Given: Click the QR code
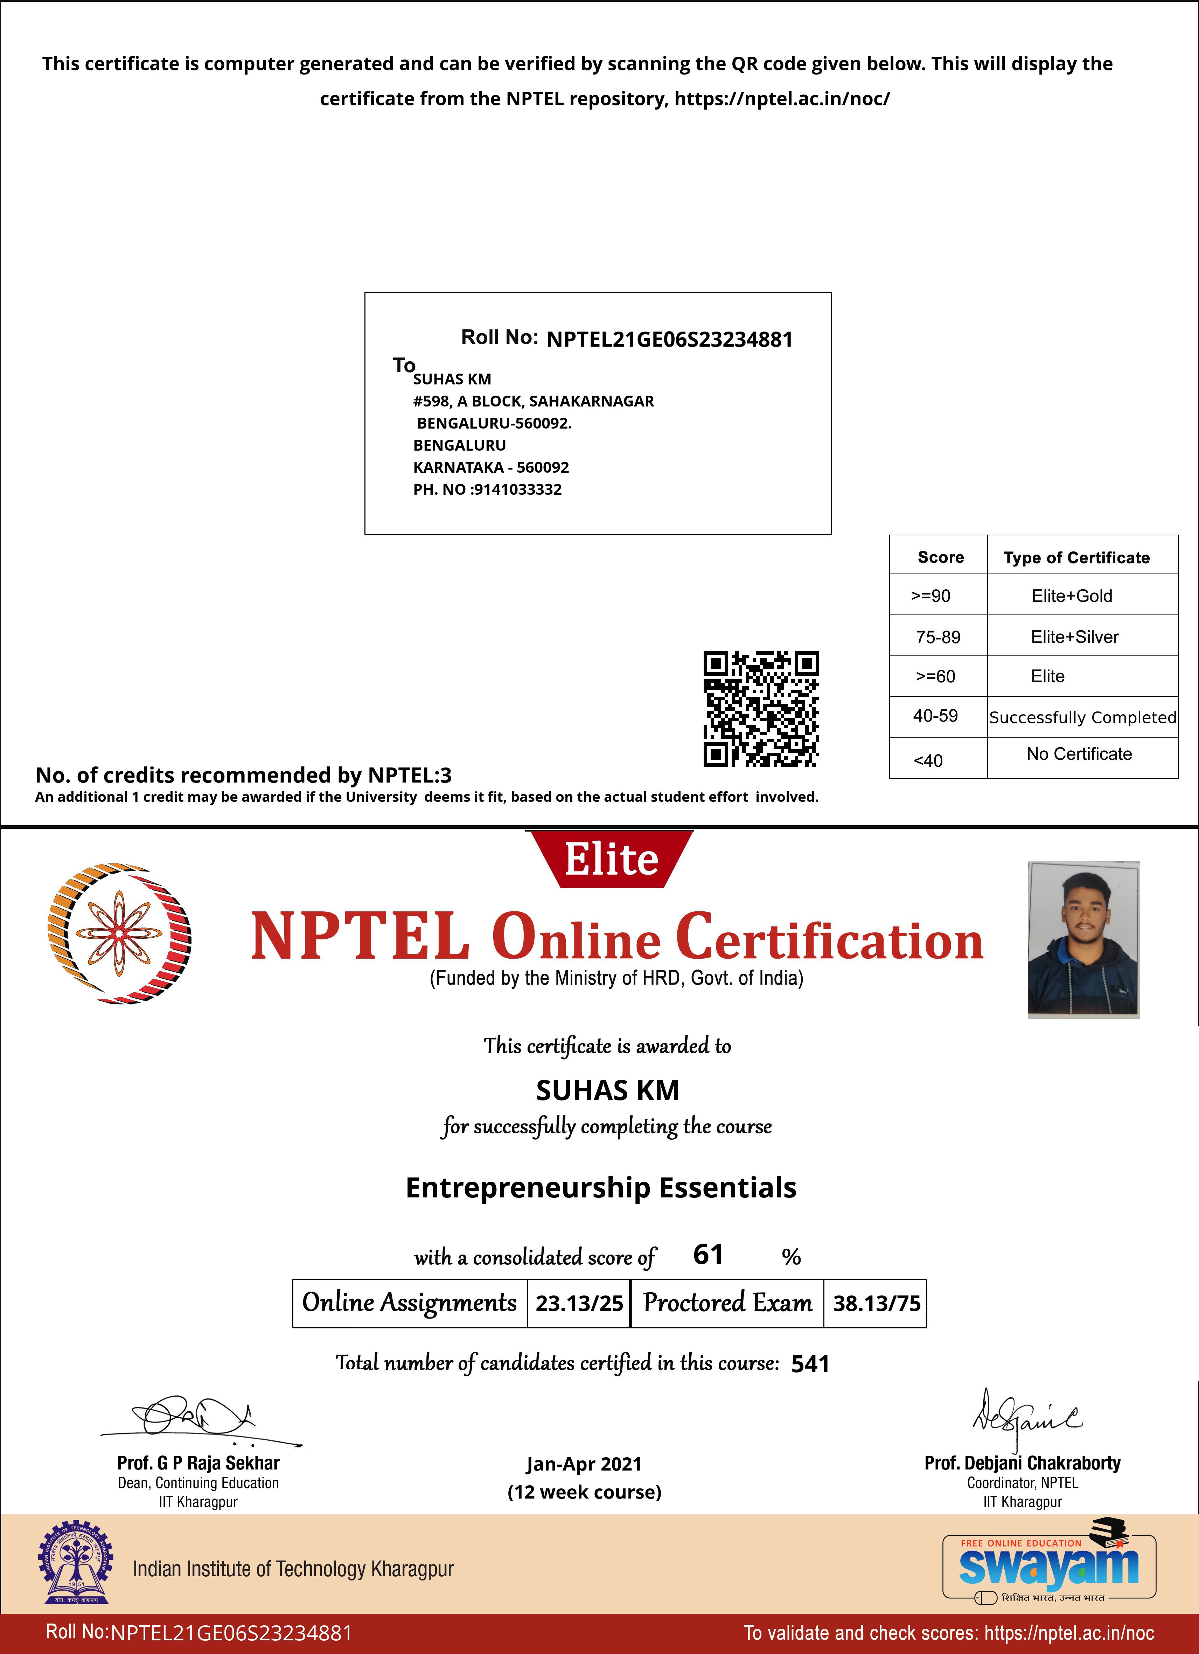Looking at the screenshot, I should pos(761,709).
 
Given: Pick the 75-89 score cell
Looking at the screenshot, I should pos(938,637).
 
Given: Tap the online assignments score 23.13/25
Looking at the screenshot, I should pos(579,1303).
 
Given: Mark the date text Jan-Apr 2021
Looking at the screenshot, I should pos(584,1464).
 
